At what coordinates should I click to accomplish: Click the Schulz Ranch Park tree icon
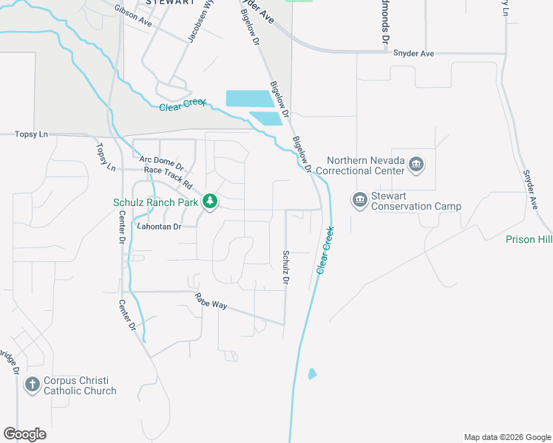(x=210, y=201)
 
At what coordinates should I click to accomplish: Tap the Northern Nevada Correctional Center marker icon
(x=415, y=163)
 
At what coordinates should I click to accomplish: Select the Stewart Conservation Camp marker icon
(x=360, y=199)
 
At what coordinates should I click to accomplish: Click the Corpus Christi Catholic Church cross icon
(x=32, y=384)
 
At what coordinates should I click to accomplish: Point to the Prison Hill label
(x=529, y=239)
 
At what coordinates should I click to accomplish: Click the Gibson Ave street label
(x=133, y=16)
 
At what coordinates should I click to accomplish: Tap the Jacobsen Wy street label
(x=200, y=22)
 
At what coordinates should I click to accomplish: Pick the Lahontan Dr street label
(x=159, y=227)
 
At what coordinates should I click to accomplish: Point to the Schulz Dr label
(x=285, y=267)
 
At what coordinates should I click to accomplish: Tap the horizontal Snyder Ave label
(x=413, y=53)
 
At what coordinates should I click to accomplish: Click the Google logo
(x=24, y=434)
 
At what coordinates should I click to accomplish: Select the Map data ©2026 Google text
(x=506, y=437)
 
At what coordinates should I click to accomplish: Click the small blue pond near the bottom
(x=312, y=374)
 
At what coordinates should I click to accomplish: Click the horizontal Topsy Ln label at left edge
(x=31, y=134)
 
